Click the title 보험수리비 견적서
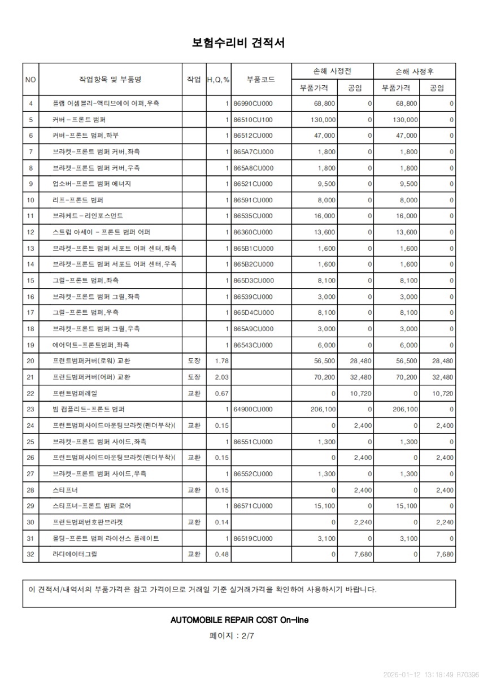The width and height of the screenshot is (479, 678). (239, 43)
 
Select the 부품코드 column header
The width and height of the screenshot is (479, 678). (261, 80)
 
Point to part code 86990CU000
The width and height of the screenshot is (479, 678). (253, 103)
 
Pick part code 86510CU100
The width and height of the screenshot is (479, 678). (253, 120)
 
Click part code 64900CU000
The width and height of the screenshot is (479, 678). (253, 409)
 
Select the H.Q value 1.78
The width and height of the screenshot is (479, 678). (222, 361)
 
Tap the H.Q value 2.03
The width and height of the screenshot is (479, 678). (222, 377)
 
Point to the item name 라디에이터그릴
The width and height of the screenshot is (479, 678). (75, 554)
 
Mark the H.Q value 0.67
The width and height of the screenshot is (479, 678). (222, 393)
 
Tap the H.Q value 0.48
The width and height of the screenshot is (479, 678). (222, 554)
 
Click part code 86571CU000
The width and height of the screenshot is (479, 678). (253, 506)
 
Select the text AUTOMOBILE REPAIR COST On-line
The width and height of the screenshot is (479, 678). (239, 620)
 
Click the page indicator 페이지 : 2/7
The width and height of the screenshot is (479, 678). (232, 635)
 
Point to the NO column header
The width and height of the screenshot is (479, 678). (31, 80)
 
